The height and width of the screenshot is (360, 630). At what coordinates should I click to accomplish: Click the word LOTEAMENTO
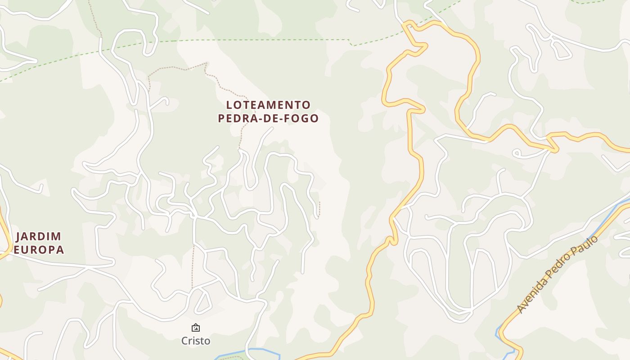point(268,105)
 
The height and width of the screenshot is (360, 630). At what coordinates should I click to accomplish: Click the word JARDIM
point(39,236)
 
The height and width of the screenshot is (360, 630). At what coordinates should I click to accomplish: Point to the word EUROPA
point(39,249)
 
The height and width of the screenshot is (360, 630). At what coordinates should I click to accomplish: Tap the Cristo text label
point(196,341)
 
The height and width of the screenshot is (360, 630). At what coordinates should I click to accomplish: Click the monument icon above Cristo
point(196,328)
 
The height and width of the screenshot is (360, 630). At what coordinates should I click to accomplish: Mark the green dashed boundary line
point(252,40)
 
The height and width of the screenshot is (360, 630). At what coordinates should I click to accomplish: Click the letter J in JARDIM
point(19,236)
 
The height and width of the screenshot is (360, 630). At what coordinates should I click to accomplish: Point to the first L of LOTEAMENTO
point(229,105)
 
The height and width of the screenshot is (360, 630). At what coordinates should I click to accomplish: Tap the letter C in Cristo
point(184,341)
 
